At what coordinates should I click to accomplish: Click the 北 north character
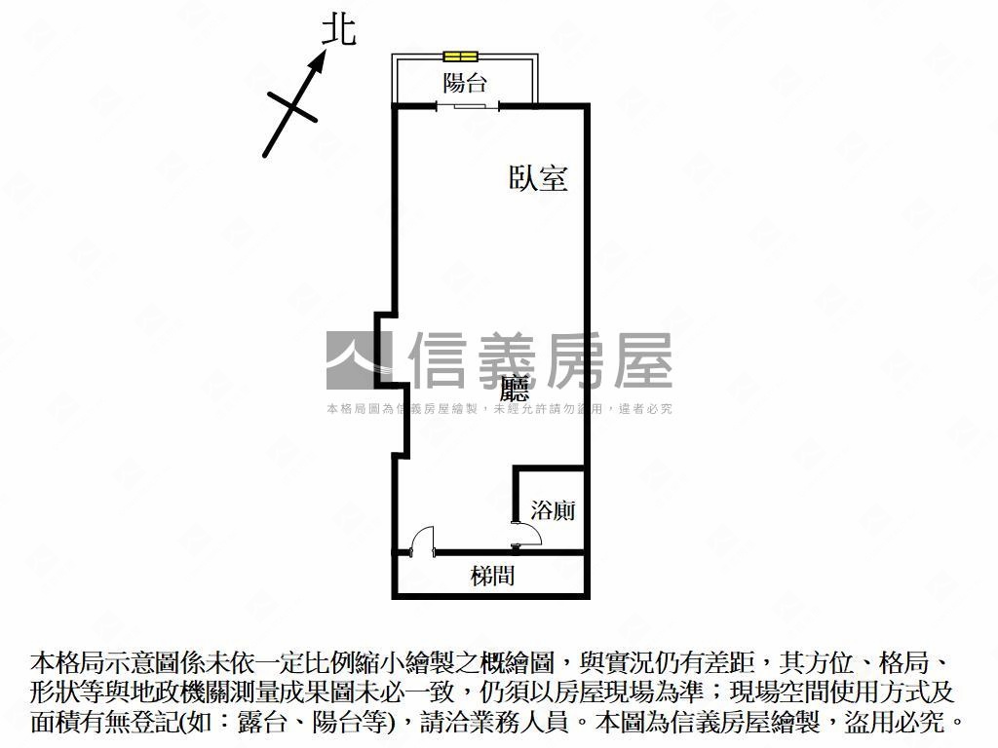coord(338,30)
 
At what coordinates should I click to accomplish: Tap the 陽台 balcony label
coord(465,82)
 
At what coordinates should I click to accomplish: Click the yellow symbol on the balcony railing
coord(460,56)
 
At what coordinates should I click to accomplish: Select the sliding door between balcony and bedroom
coord(468,106)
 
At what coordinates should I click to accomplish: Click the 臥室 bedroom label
coord(538,178)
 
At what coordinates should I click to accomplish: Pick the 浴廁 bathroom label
coord(553,509)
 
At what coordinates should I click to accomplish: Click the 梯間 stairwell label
coord(492,576)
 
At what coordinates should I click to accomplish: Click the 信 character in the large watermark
coord(440,360)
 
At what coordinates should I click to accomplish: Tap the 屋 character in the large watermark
coord(643,360)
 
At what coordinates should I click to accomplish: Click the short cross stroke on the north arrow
coord(292,106)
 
